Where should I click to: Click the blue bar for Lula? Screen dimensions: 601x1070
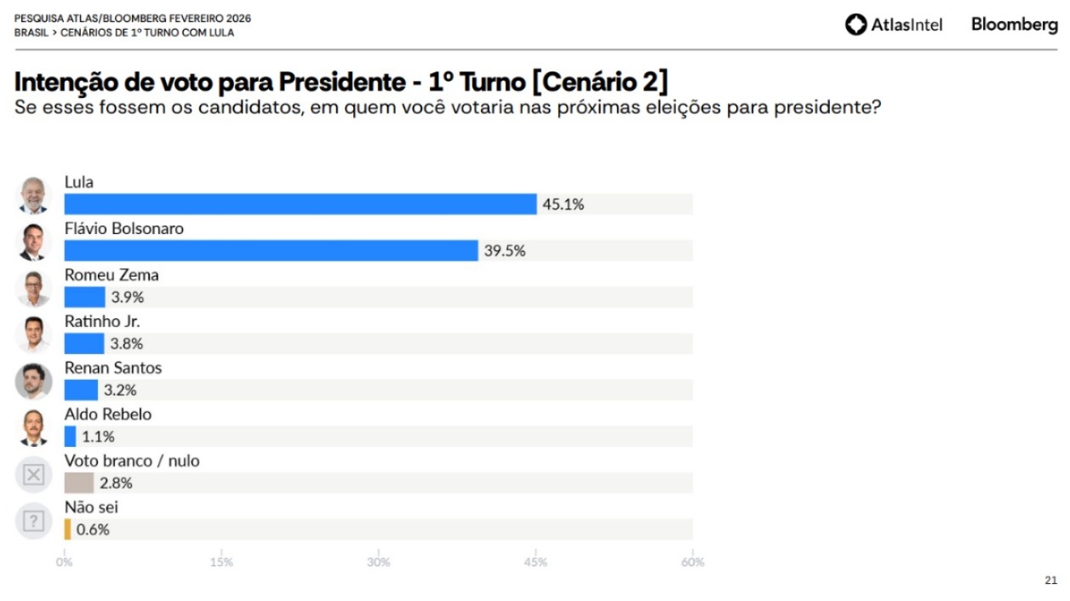tap(300, 204)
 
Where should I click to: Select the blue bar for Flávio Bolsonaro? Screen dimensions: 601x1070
tap(271, 250)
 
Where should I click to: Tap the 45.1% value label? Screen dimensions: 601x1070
tap(564, 204)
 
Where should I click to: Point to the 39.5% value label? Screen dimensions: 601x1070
tap(505, 250)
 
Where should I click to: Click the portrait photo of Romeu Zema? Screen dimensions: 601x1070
tap(33, 289)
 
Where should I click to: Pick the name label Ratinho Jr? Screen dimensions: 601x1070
tap(102, 322)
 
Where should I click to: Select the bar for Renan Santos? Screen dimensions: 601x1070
tap(81, 390)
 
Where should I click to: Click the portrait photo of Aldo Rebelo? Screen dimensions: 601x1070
tap(33, 428)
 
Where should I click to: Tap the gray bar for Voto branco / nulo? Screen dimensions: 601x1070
tap(78, 483)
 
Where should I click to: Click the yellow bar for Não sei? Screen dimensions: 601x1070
tap(67, 529)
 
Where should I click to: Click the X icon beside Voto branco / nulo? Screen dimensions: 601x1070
tap(33, 475)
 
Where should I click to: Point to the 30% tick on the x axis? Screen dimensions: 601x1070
tap(378, 562)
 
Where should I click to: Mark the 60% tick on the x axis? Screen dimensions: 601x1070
tap(692, 562)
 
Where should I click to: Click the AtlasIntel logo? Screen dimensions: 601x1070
tap(894, 25)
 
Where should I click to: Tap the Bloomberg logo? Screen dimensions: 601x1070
tap(1014, 25)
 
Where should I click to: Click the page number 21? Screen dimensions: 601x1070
tap(1050, 581)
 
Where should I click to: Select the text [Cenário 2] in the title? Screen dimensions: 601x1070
tap(600, 82)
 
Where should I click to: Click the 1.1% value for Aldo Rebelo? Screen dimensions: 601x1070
tap(98, 437)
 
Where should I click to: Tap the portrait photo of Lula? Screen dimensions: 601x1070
tap(33, 196)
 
